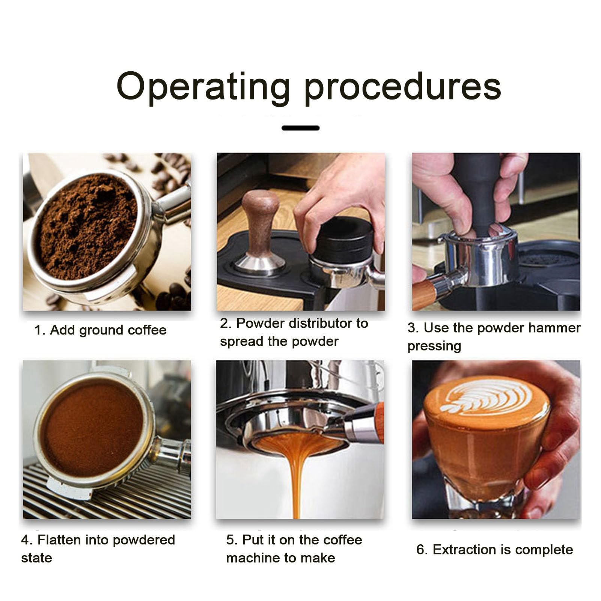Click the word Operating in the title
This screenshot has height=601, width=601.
[x=203, y=87]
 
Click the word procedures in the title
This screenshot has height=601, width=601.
[x=402, y=87]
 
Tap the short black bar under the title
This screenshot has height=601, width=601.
[x=300, y=128]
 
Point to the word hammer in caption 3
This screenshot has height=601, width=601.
[x=554, y=328]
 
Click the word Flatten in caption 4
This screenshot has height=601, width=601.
[x=59, y=540]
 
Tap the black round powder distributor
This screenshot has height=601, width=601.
[x=342, y=238]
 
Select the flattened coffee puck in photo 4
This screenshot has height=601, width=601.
[x=92, y=428]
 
